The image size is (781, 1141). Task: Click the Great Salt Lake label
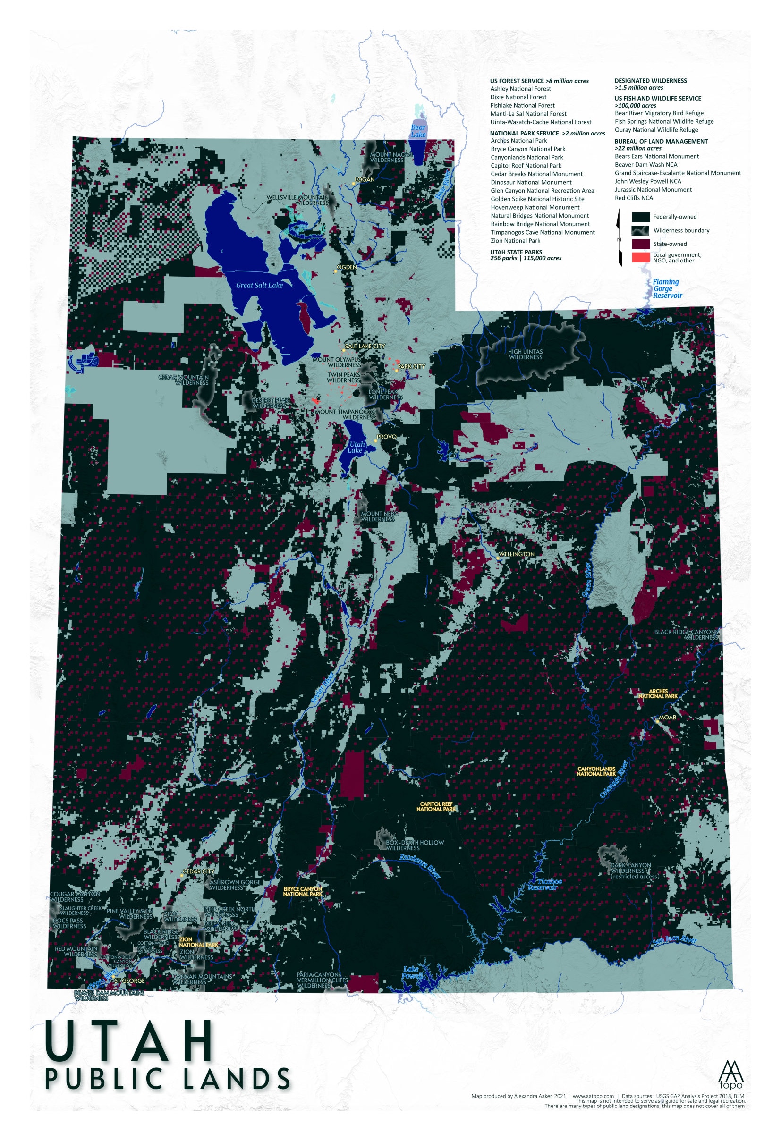tap(259, 285)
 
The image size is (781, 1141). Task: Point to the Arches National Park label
tap(658, 693)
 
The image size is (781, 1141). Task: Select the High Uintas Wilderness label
tap(525, 355)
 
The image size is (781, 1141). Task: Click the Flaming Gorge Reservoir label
tap(667, 289)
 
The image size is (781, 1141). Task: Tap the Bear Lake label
tap(418, 131)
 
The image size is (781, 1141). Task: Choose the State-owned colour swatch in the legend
tap(640, 244)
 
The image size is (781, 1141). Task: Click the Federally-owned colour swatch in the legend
tap(640, 217)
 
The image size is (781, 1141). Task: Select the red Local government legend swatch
tap(640, 257)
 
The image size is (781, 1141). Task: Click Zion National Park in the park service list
tap(515, 241)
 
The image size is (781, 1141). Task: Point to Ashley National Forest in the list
tap(520, 89)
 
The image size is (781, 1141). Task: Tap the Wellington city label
tap(516, 554)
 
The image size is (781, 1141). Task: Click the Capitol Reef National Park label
tap(437, 807)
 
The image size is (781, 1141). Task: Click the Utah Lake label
tap(356, 447)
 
